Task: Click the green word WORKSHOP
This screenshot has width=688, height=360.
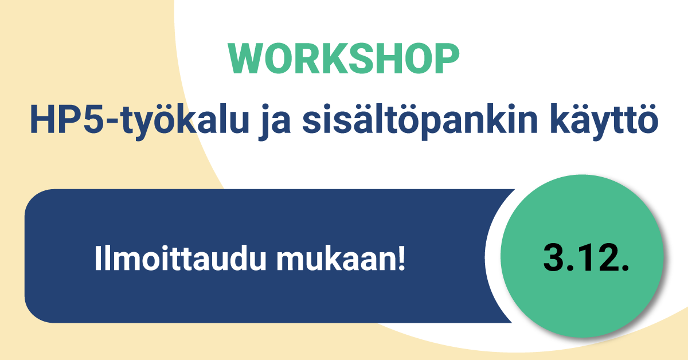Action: click(x=344, y=59)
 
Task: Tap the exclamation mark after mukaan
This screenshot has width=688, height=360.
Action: click(x=401, y=259)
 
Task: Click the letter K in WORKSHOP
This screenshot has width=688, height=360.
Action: click(x=331, y=59)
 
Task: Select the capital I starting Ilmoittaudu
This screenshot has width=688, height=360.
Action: click(x=97, y=259)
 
